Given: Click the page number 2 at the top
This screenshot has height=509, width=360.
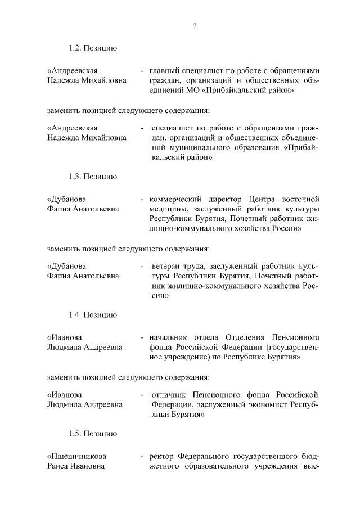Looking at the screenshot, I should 195,25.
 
